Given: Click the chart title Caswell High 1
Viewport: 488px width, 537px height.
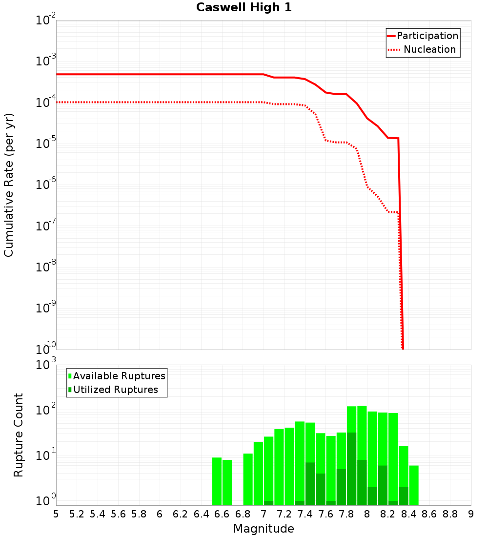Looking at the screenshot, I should [x=244, y=8].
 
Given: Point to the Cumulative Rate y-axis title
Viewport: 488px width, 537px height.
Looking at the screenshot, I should [x=9, y=185].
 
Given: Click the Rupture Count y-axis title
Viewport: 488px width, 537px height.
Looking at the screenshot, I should [x=19, y=435].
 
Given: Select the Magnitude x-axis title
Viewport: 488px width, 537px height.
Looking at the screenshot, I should [x=264, y=529].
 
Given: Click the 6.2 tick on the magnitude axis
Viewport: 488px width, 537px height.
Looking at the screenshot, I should [x=181, y=514].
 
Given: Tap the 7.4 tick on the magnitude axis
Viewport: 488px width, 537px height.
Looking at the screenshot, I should [x=305, y=514].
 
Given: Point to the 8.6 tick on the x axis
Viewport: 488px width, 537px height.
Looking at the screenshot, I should [x=429, y=514].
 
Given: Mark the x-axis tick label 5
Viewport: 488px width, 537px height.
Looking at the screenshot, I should [x=56, y=514].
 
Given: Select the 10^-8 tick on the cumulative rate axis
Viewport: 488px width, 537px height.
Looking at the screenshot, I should [x=46, y=267].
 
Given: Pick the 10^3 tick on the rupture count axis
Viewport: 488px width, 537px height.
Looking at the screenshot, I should [x=46, y=365].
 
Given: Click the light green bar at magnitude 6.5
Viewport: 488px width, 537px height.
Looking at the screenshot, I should [x=217, y=481].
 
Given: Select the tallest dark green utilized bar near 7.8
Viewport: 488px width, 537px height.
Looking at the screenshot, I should [x=351, y=469].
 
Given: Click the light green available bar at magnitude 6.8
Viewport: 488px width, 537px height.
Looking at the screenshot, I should [x=248, y=479].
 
